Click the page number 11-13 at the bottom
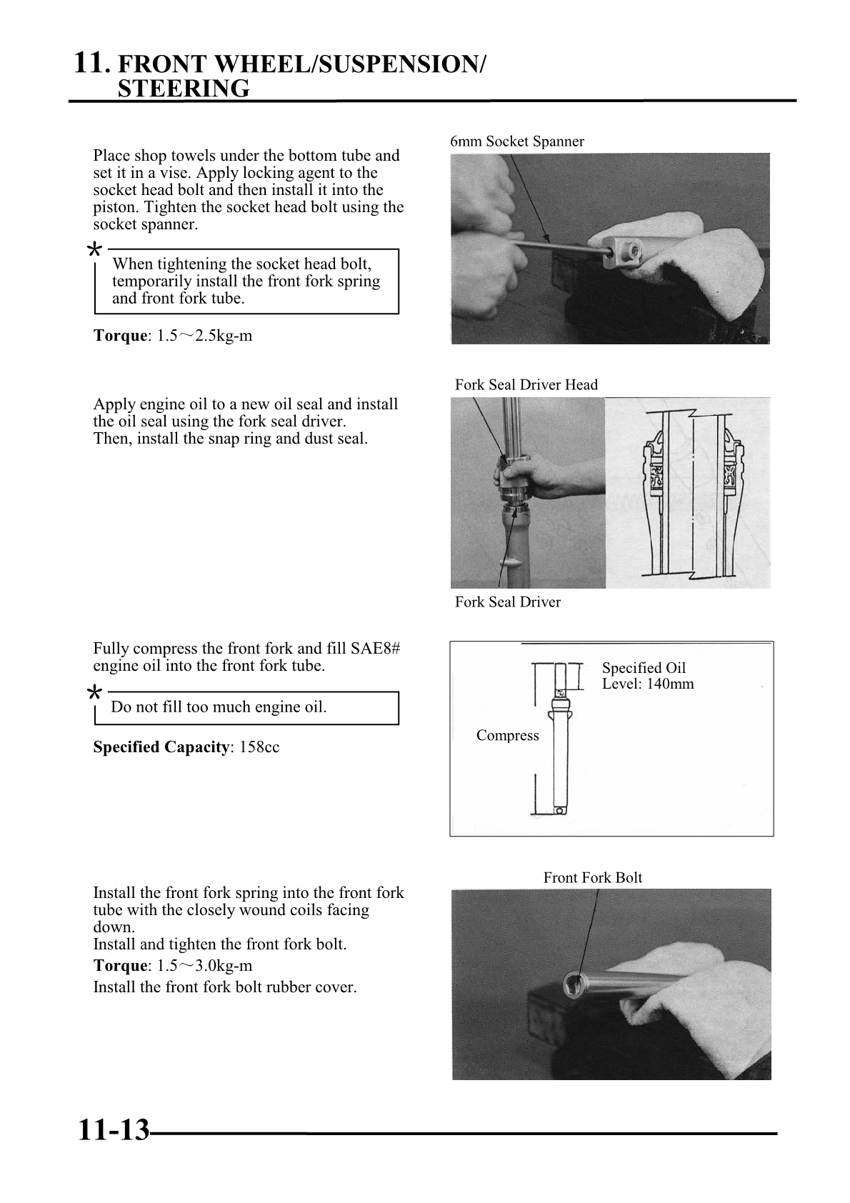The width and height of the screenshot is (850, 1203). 113,1132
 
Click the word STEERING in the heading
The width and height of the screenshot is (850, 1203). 184,89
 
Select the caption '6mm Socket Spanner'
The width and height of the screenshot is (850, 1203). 516,141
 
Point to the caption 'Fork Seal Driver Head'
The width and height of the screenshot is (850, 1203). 526,385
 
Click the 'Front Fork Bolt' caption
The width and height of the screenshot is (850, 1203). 592,878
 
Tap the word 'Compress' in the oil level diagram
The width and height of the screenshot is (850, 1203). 507,736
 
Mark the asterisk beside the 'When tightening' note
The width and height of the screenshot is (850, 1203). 93,250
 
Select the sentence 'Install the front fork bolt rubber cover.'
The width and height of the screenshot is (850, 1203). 225,987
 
